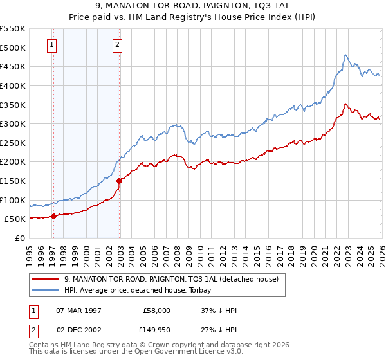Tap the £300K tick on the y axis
click(x=12, y=123)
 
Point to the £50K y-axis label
click(x=14, y=219)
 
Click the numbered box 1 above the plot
click(x=51, y=45)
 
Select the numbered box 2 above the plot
click(x=117, y=45)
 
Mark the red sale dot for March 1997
click(x=54, y=216)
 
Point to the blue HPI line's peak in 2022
click(x=345, y=55)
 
